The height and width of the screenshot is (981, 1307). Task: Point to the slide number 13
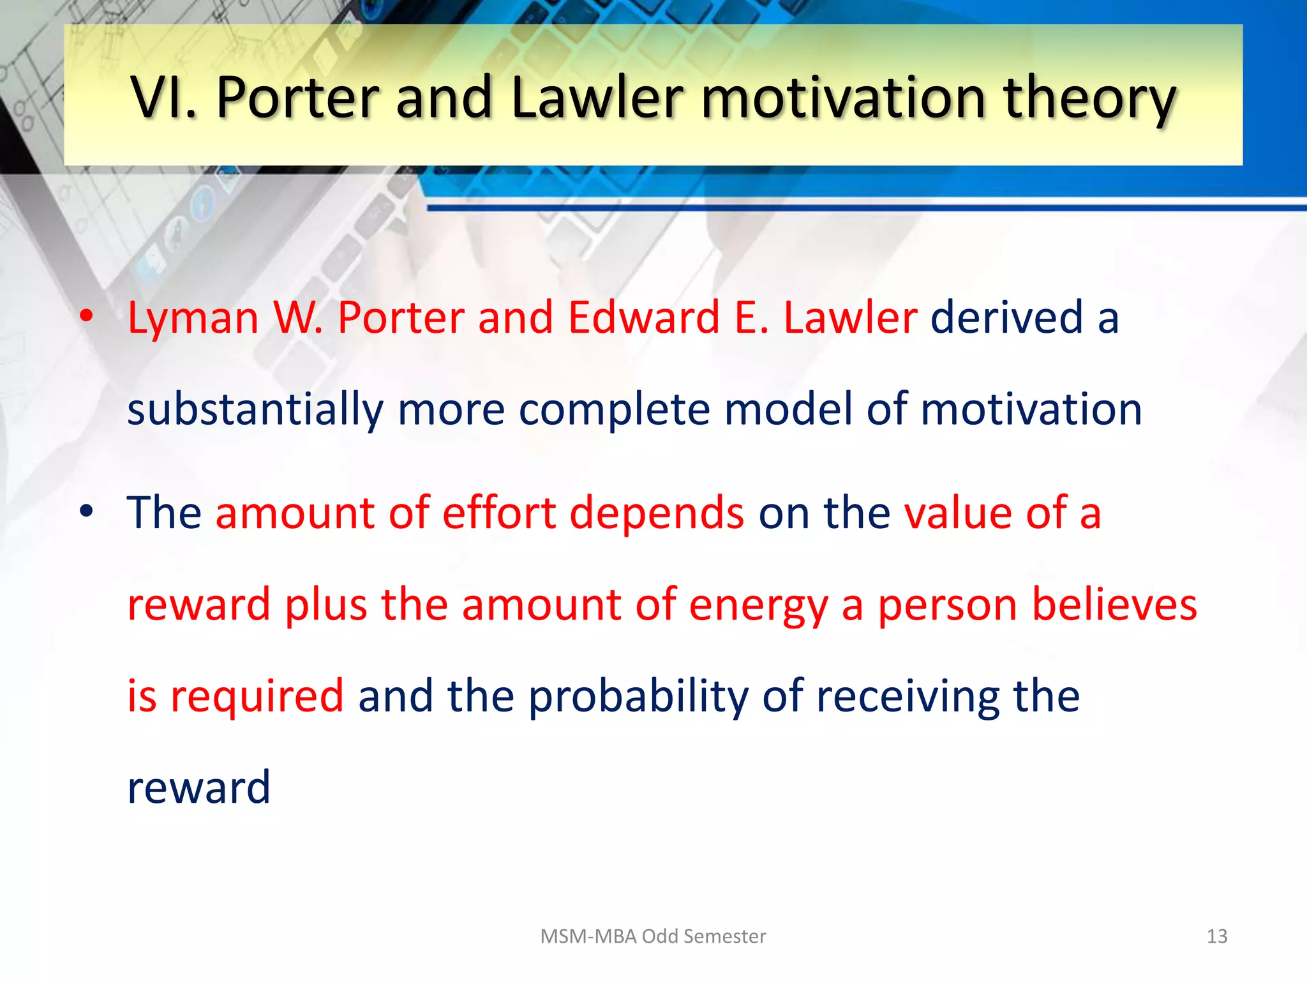1216,936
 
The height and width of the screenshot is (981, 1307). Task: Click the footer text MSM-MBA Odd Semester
653,936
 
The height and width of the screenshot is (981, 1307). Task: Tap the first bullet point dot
87,316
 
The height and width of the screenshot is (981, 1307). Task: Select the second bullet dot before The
87,510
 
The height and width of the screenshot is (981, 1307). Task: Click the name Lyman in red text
193,317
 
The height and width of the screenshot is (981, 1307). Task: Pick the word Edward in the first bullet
643,317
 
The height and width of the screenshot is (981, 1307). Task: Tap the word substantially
255,409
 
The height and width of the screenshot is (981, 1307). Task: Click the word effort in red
498,513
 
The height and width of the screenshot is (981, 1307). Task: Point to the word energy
758,605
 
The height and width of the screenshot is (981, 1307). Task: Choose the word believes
1114,604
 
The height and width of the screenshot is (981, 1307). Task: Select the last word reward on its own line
198,787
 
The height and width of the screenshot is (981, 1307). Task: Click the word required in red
257,696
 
